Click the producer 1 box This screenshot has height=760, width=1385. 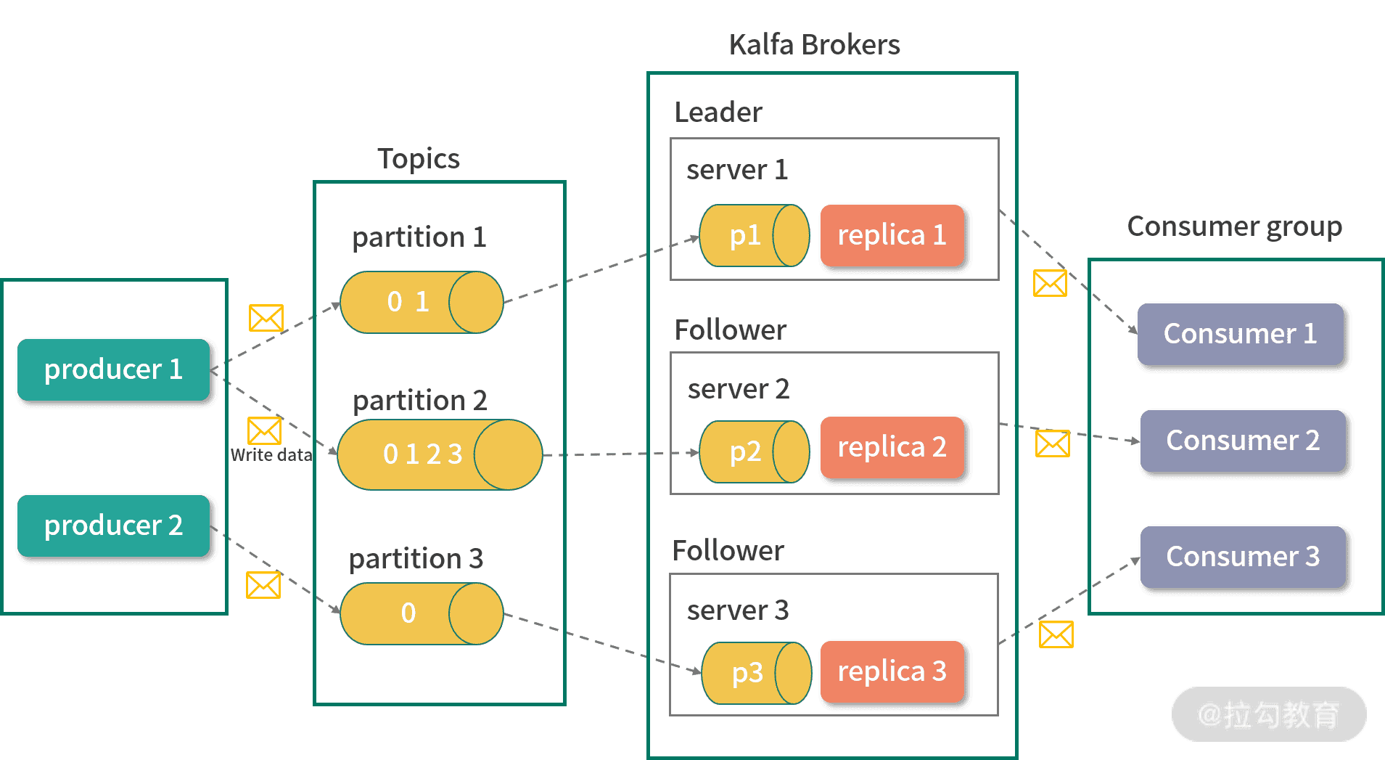click(x=114, y=369)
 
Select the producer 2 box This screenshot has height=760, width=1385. click(x=114, y=526)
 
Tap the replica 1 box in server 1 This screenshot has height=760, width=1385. click(x=892, y=235)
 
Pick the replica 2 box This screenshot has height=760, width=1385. click(x=892, y=447)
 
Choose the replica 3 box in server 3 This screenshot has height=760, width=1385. click(x=892, y=671)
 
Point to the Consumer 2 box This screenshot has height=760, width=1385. click(x=1243, y=441)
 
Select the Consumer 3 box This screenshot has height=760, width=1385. click(x=1243, y=557)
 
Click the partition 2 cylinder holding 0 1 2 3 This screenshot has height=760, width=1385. click(x=439, y=454)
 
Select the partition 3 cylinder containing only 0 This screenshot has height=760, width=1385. click(x=421, y=613)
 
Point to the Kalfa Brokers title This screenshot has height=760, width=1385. click(x=814, y=45)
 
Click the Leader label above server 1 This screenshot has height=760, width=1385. click(x=718, y=113)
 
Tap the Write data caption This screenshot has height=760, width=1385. click(x=271, y=455)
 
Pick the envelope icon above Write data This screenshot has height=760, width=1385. click(x=264, y=430)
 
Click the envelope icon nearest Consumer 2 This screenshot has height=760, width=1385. click(x=1052, y=444)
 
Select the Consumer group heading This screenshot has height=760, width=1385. click(x=1234, y=226)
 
